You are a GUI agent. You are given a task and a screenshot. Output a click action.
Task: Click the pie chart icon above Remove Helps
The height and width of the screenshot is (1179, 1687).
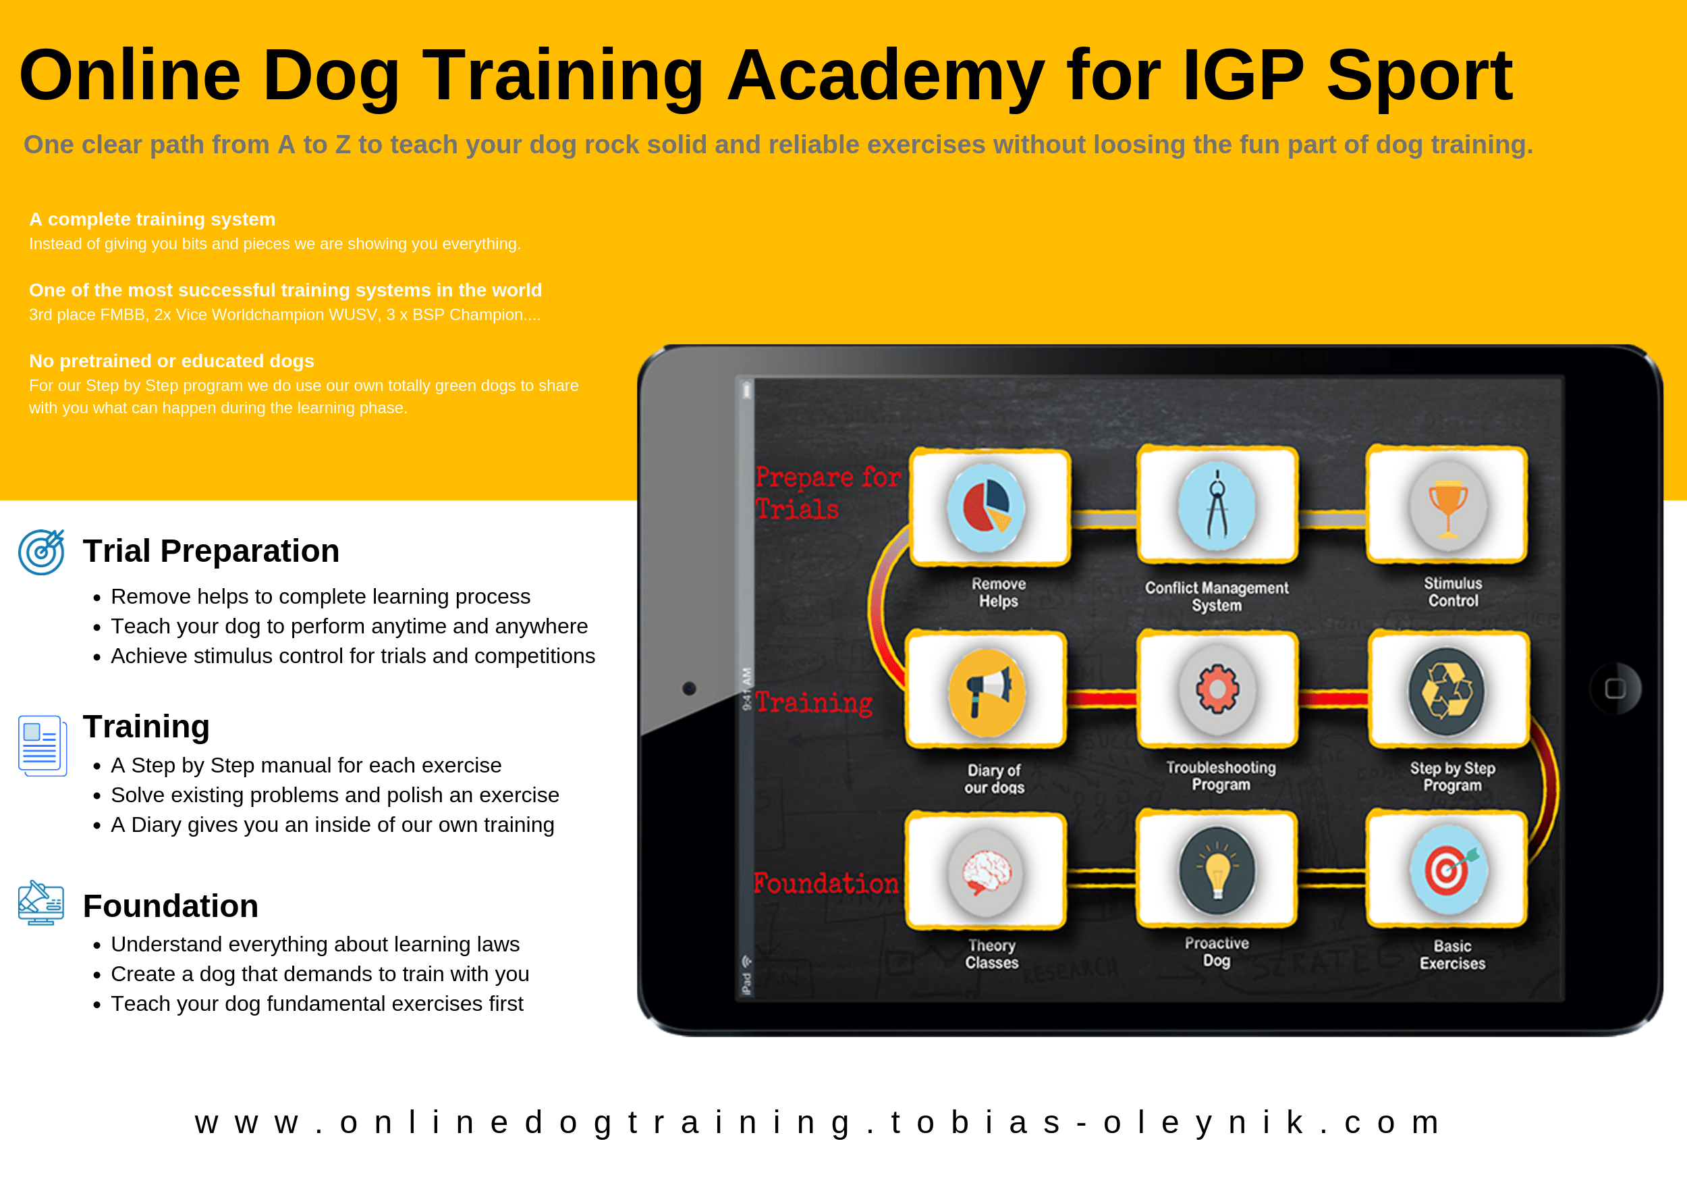pyautogui.click(x=986, y=508)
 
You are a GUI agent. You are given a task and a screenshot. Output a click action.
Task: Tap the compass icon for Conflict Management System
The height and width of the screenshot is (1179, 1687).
pyautogui.click(x=1217, y=506)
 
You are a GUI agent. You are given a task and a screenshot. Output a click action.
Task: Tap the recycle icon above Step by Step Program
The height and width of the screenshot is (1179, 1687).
pyautogui.click(x=1447, y=691)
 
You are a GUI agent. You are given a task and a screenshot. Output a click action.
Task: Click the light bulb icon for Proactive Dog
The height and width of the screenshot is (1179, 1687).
pyautogui.click(x=1217, y=871)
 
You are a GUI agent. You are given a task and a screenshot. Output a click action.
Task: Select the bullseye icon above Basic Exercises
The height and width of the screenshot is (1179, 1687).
pyautogui.click(x=1449, y=870)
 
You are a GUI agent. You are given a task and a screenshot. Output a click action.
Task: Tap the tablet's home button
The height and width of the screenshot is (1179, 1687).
pyautogui.click(x=1615, y=689)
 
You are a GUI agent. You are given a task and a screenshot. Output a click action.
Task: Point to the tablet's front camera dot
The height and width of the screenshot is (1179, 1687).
pyautogui.click(x=689, y=689)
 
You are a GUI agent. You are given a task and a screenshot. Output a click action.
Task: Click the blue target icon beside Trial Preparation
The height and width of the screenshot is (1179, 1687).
pyautogui.click(x=41, y=552)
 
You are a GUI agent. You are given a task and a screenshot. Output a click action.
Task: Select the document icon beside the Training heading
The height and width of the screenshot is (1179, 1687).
pyautogui.click(x=42, y=745)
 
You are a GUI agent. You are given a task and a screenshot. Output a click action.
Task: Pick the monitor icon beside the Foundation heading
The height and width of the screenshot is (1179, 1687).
pyautogui.click(x=41, y=903)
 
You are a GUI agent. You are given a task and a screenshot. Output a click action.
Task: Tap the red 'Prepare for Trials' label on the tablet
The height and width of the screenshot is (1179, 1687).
pyautogui.click(x=828, y=492)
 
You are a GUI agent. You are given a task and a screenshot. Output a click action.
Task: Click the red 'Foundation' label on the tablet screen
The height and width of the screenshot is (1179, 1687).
pyautogui.click(x=826, y=883)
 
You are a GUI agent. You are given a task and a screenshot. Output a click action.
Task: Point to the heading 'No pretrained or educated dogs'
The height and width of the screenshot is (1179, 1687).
pyautogui.click(x=171, y=361)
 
